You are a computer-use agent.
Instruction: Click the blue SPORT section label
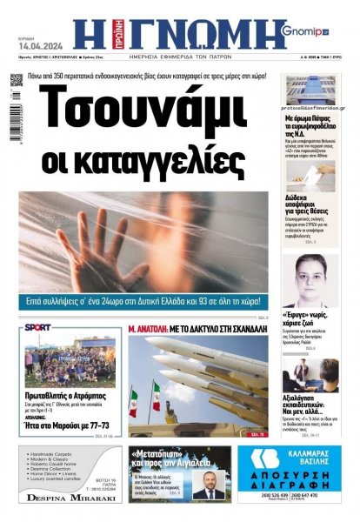click(38, 327)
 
